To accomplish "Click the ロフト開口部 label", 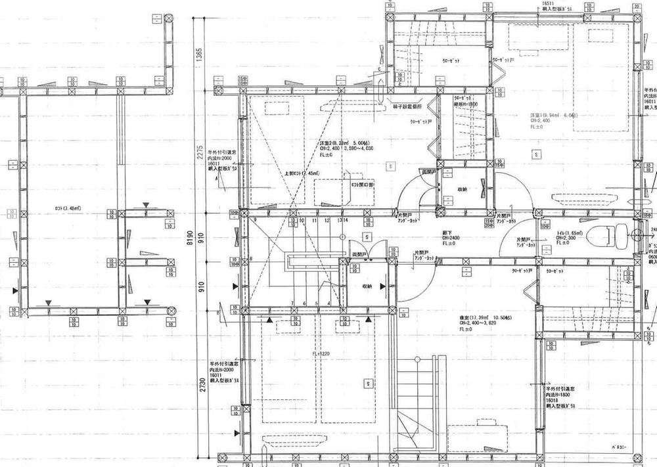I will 363,185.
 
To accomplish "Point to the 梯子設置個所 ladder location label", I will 412,105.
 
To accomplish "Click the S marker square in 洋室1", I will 537,154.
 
